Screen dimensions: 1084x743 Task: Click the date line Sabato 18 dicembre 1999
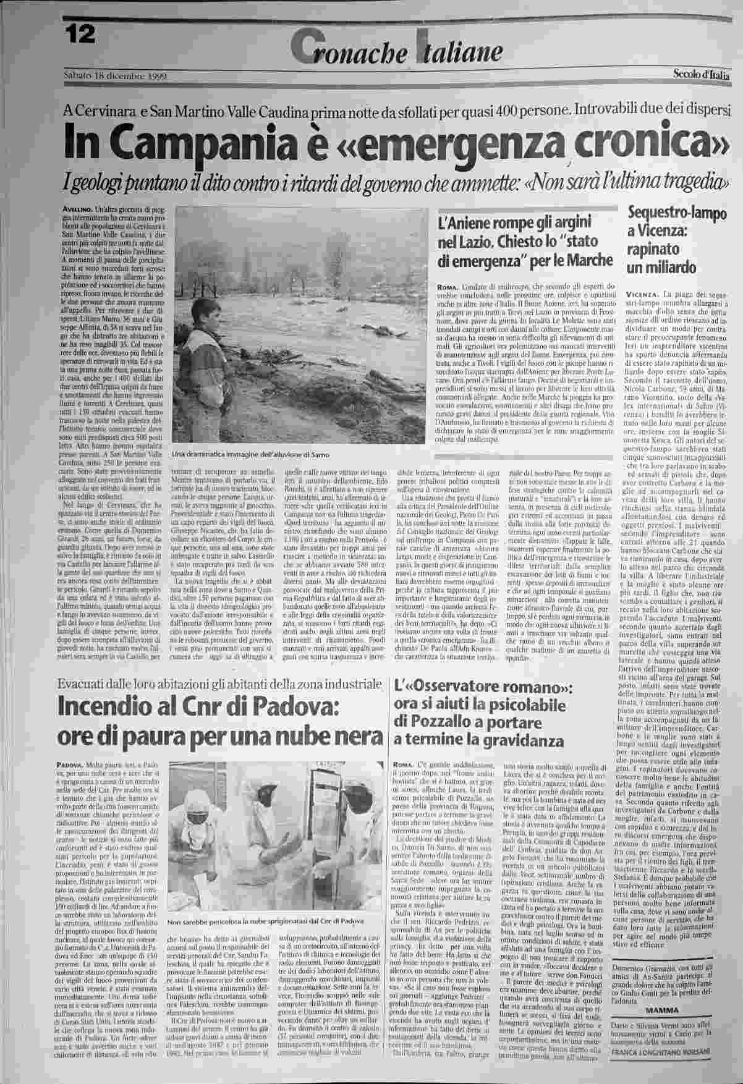point(116,75)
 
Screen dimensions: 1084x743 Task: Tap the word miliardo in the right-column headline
point(671,268)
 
